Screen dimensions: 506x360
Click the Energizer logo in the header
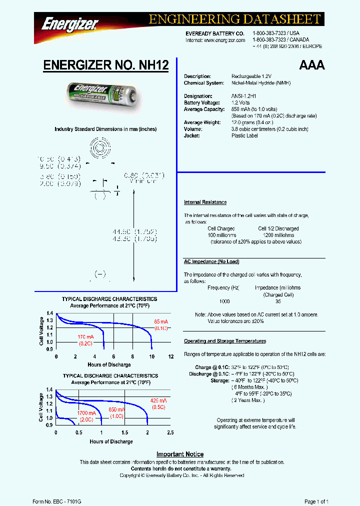tap(69, 23)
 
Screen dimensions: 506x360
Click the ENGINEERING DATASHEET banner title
tap(234, 19)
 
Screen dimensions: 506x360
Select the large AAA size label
tap(311, 65)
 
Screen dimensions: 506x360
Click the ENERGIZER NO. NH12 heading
tap(106, 65)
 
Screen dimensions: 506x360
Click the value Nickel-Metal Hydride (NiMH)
tap(260, 83)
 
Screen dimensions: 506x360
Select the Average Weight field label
tap(201, 122)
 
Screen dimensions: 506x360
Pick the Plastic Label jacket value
tap(244, 135)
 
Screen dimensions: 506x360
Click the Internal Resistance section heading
tap(205, 202)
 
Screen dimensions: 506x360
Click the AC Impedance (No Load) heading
tap(211, 261)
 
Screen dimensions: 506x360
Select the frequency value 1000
tap(225, 301)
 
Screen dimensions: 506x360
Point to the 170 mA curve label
tap(85, 337)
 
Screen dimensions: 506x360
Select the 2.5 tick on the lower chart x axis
tap(170, 432)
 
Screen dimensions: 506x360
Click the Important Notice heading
tap(180, 454)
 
